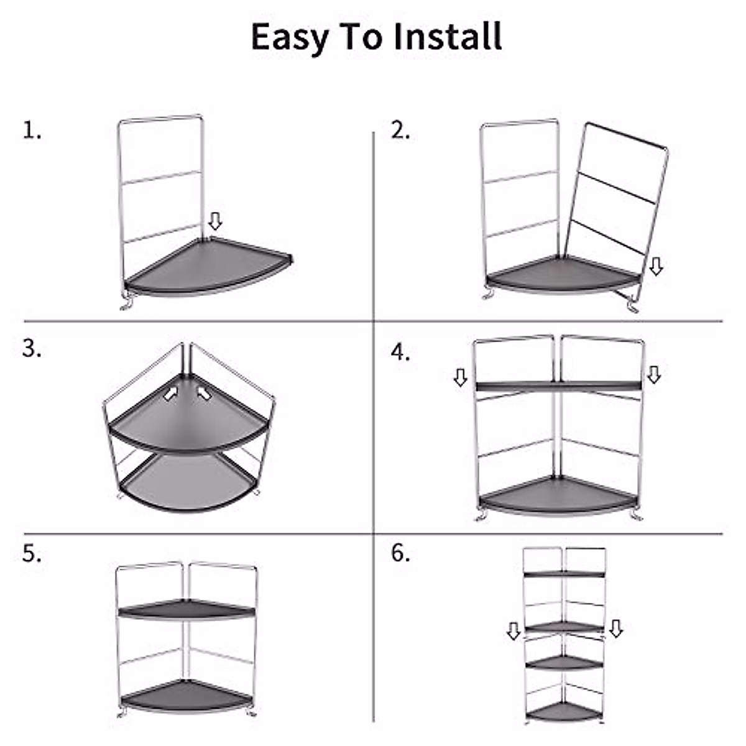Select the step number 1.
[32, 131]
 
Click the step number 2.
[400, 131]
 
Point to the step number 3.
[32, 349]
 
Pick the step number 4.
[400, 352]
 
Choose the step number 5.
[32, 554]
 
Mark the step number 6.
[400, 553]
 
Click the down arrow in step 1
[215, 221]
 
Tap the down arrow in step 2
[656, 267]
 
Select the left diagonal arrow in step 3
[171, 394]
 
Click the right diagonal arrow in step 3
[203, 392]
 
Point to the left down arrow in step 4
[460, 377]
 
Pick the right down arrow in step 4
[653, 374]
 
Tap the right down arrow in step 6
[616, 629]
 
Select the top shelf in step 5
[185, 609]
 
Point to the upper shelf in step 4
[558, 386]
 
